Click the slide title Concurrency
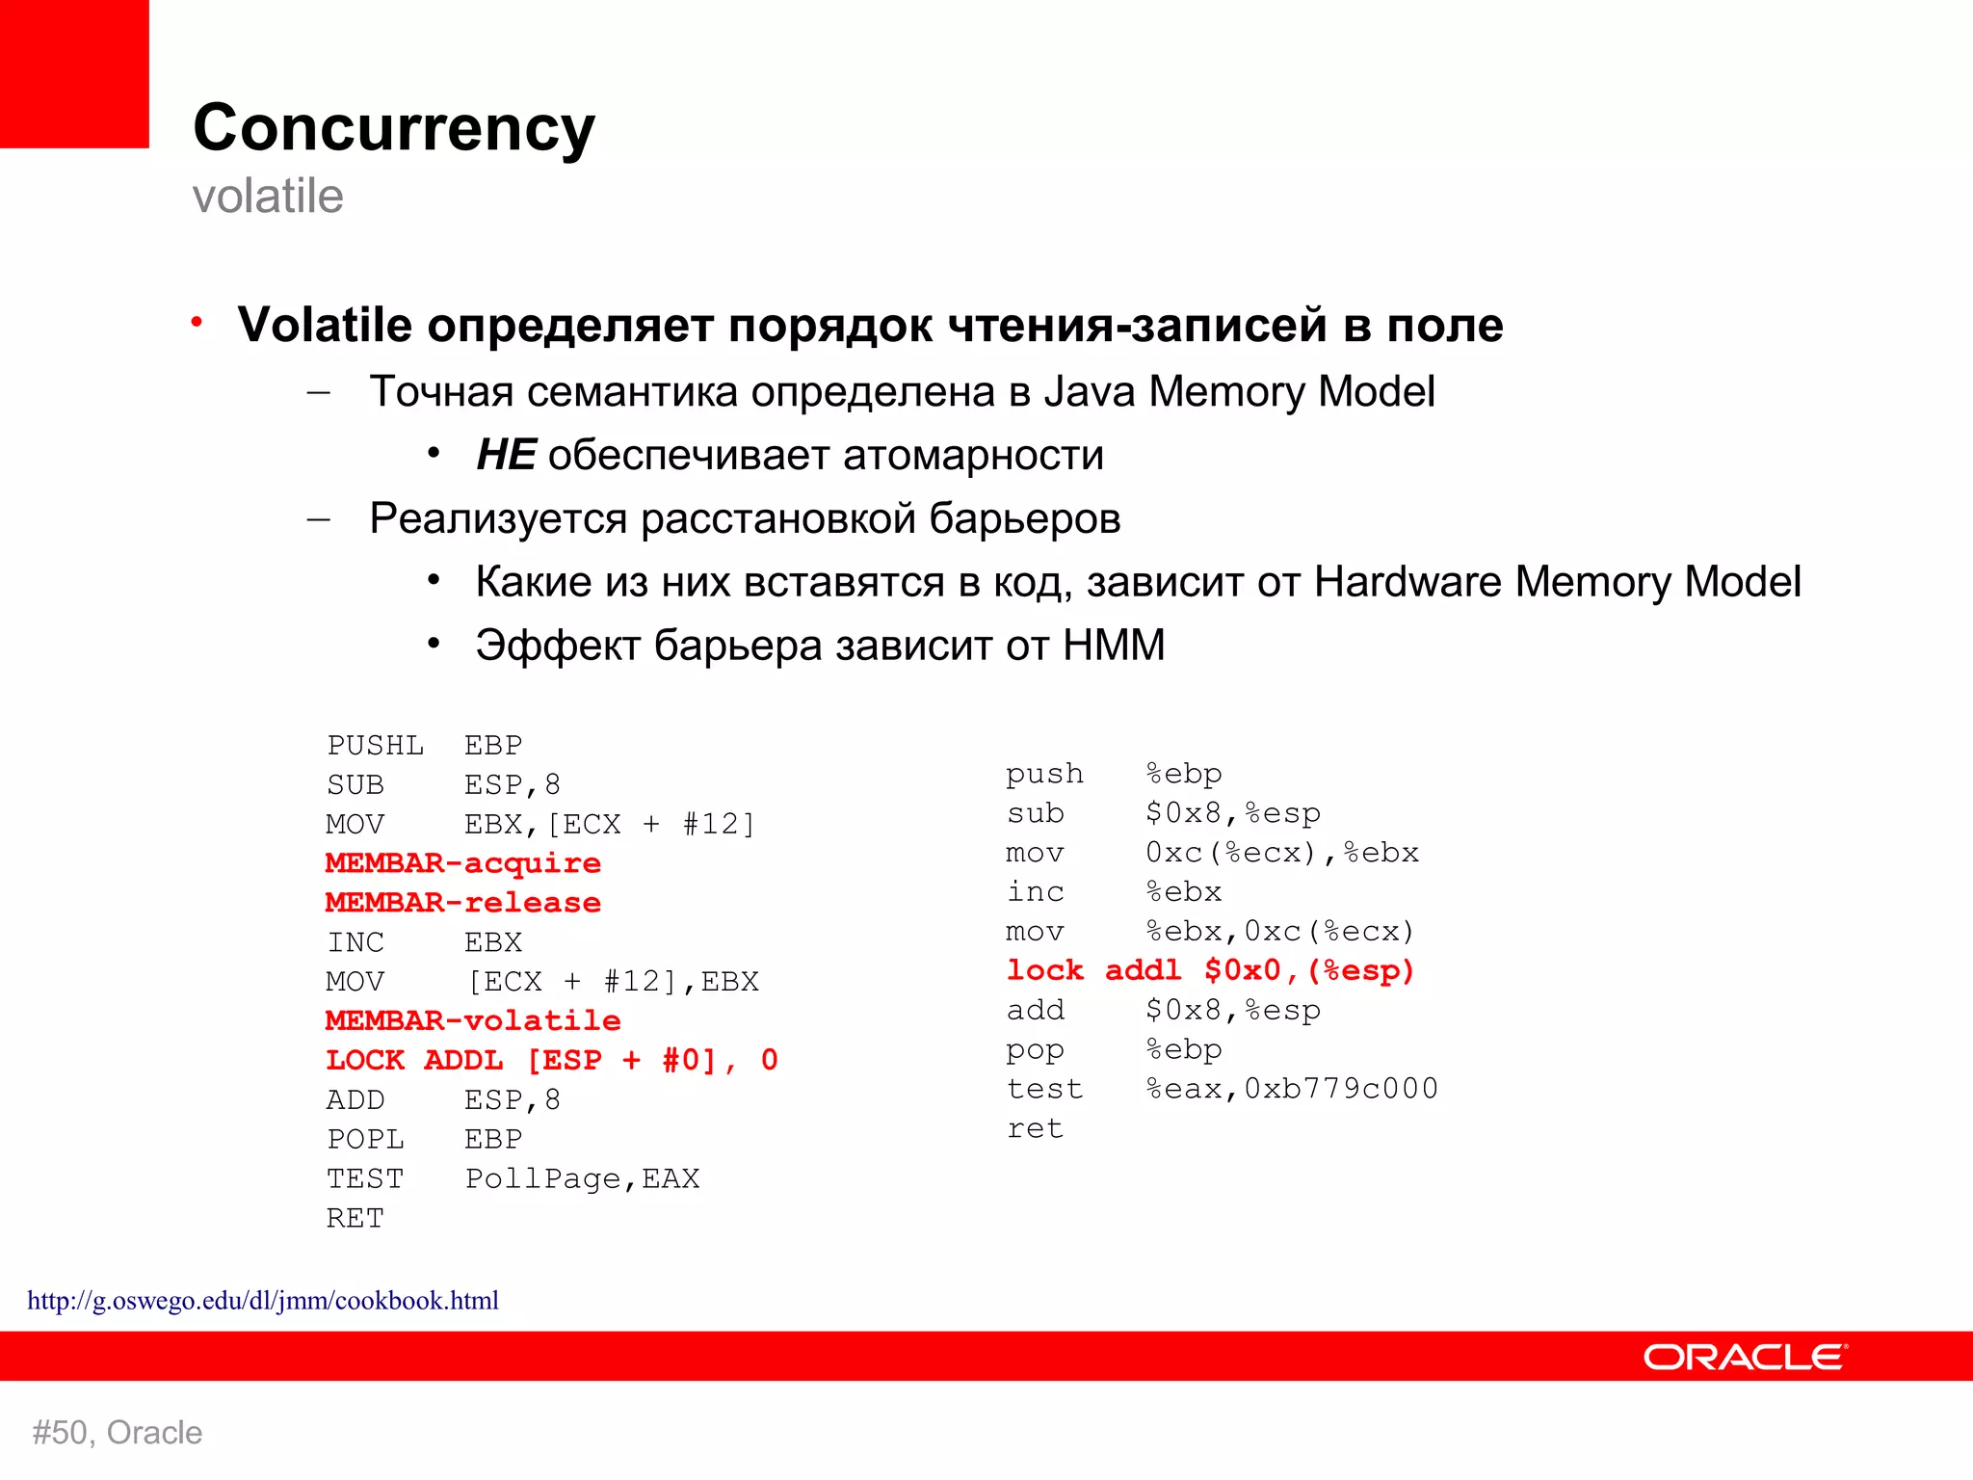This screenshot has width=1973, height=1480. pos(394,128)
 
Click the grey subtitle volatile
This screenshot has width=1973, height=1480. pos(268,197)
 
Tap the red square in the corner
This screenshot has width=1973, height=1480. pos(74,73)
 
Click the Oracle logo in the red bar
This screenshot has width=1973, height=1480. pos(1745,1357)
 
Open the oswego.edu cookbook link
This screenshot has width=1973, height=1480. pos(263,1301)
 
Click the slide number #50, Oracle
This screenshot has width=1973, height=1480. pos(118,1433)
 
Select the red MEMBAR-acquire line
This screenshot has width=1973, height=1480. pos(463,863)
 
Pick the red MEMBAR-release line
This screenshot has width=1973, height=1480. pos(463,903)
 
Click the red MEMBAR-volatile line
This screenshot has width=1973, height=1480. pos(473,1020)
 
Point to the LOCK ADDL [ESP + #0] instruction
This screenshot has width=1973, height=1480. pos(551,1060)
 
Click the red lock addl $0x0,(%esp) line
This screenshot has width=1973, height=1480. pos(1210,970)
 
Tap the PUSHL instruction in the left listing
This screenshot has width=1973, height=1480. pos(375,746)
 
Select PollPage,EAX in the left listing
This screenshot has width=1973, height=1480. pos(582,1178)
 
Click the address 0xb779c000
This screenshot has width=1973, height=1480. pos(1341,1089)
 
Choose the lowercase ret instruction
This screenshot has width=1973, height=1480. pos(1036,1128)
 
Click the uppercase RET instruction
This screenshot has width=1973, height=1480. pos(355,1219)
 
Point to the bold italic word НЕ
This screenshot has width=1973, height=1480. pos(506,455)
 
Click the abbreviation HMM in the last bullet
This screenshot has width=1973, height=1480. pos(1114,646)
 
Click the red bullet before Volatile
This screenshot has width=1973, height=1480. pos(197,322)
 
